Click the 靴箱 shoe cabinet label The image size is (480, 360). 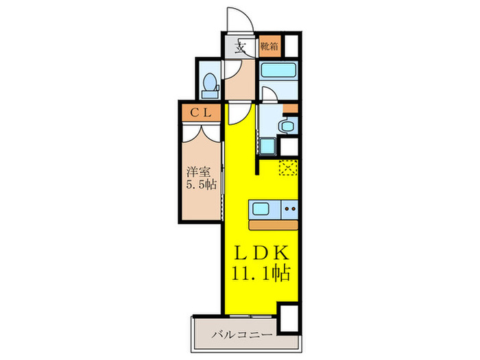pyautogui.click(x=269, y=47)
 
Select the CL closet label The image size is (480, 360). pyautogui.click(x=200, y=111)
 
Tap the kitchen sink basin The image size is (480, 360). pyautogui.click(x=263, y=208)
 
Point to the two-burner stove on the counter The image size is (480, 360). pyautogui.click(x=289, y=208)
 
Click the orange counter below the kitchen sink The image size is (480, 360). pyautogui.click(x=272, y=224)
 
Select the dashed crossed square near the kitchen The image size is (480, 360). pyautogui.click(x=287, y=166)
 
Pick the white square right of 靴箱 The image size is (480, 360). pyautogui.click(x=291, y=45)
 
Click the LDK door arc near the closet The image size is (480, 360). pyautogui.click(x=237, y=113)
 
